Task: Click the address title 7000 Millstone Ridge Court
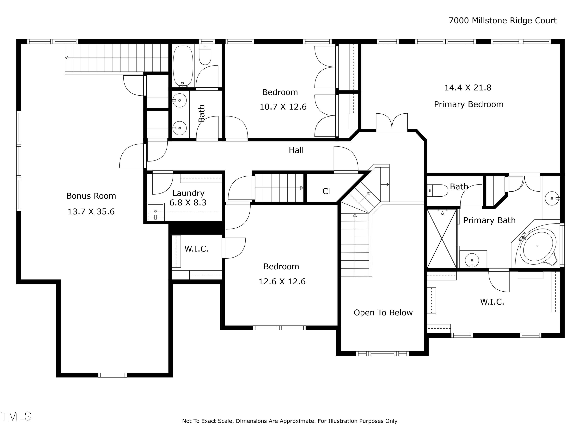pos(502,21)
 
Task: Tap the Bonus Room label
pos(91,196)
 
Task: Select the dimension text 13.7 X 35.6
pos(91,212)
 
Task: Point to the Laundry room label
pos(188,193)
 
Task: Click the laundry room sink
pos(156,212)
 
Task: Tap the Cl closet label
pos(326,191)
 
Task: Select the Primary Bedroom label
pos(469,104)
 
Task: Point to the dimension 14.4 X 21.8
pos(468,88)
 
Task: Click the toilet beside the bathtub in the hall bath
pos(205,54)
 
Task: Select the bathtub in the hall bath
pos(183,66)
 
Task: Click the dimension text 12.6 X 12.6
pos(282,282)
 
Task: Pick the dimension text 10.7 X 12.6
pos(283,107)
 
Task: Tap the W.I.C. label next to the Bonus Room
pos(196,249)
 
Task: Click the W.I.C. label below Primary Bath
pos(492,302)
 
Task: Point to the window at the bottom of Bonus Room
pos(113,375)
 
